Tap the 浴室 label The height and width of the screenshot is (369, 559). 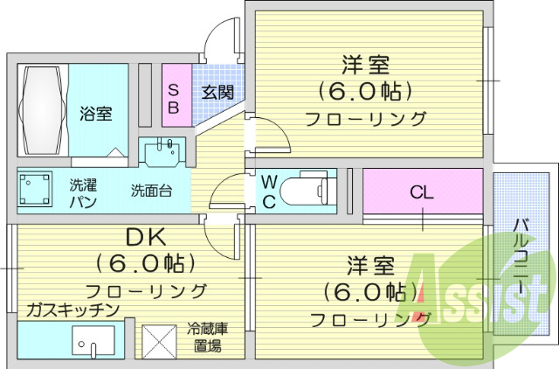pos(95,114)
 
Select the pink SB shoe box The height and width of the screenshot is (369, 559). pos(174,98)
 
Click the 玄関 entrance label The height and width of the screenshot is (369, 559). pos(217,92)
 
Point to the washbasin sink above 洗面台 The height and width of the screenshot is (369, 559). pos(162,152)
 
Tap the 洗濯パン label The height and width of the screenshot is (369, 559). pos(83,193)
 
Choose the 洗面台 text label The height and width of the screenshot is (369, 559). pos(152,189)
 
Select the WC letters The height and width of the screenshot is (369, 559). pos(269,191)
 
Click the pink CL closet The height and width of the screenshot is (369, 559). pos(422,190)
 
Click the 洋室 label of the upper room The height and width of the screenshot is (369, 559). pos(365,66)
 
